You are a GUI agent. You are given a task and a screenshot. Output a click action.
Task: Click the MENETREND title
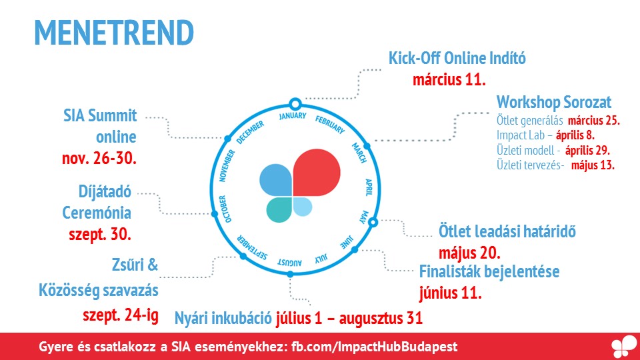(x=114, y=33)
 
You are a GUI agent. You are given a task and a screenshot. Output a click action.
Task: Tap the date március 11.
(x=449, y=79)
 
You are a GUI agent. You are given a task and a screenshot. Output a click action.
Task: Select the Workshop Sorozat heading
(x=554, y=102)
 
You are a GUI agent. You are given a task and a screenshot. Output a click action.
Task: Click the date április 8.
(x=575, y=135)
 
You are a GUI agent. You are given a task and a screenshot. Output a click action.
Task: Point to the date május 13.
(x=593, y=165)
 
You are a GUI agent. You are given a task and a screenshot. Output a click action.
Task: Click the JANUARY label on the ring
(x=293, y=116)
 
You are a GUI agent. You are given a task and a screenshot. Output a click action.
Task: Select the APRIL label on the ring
(x=369, y=187)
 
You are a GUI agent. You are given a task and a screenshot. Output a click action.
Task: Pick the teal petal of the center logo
(x=279, y=210)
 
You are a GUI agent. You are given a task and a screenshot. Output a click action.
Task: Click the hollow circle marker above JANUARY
(x=295, y=104)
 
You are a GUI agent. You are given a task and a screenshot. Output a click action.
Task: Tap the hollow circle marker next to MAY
(x=373, y=222)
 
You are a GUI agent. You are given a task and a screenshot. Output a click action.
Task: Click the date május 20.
(x=469, y=253)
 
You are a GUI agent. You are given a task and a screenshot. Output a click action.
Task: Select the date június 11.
(x=450, y=293)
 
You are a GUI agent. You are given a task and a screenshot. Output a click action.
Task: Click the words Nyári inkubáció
(x=223, y=318)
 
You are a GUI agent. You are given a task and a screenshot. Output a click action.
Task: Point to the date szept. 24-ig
(x=121, y=315)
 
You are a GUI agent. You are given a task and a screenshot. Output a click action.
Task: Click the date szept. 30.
(x=99, y=234)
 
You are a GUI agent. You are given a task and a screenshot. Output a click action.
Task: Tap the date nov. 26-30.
(x=99, y=158)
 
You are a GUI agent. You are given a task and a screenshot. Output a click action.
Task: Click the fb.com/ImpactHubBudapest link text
(x=374, y=347)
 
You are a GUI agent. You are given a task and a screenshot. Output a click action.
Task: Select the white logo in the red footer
(x=624, y=347)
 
